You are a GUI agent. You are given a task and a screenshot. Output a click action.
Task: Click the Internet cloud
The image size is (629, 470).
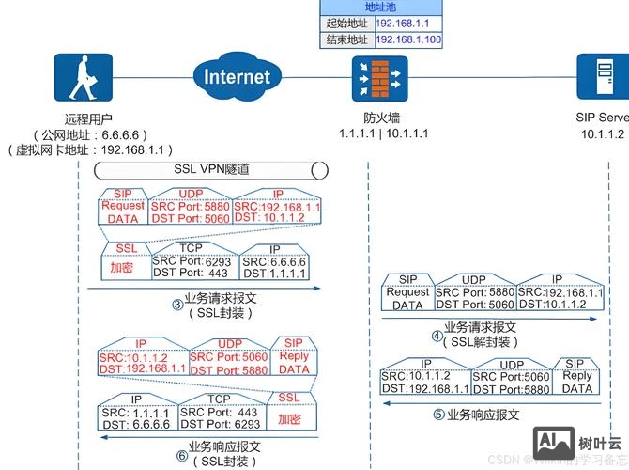coord(236,76)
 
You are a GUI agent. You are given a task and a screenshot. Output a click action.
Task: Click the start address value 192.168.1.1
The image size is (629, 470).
coord(408,23)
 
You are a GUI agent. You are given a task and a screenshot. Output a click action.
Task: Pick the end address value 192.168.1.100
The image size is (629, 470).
coord(408,40)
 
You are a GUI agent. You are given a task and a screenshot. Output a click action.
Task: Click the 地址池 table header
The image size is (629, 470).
coord(381,7)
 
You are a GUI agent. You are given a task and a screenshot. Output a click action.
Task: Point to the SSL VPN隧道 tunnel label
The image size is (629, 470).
coord(212,169)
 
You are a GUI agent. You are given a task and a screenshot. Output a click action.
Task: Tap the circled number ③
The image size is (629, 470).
coord(176,304)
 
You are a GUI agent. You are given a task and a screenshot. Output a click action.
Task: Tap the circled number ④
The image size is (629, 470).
coord(437,335)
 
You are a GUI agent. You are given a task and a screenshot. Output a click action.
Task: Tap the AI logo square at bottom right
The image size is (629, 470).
coord(553,443)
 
